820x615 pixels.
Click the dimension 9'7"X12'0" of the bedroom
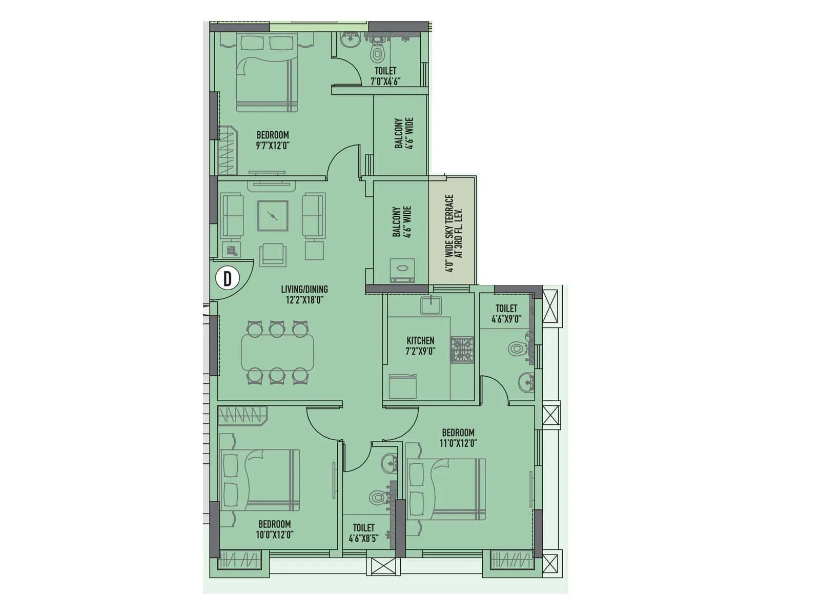(273, 146)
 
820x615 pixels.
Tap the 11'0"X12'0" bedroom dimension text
(458, 443)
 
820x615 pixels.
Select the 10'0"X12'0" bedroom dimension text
(275, 535)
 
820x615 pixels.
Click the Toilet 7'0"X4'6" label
(385, 76)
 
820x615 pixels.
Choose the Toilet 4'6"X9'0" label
(506, 313)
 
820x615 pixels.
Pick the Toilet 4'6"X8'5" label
(363, 532)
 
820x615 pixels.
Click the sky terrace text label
(454, 233)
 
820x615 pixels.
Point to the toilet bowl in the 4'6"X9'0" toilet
(517, 350)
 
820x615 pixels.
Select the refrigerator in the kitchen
(402, 386)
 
